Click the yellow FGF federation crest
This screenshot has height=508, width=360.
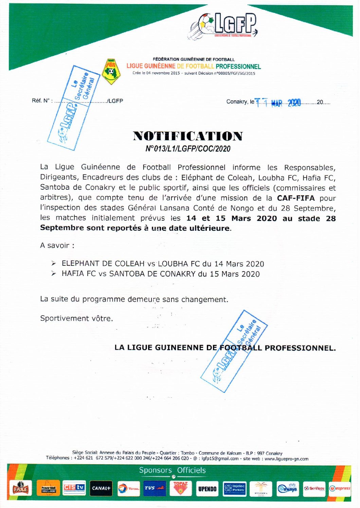(x=111, y=72)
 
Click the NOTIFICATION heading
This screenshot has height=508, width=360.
(x=188, y=136)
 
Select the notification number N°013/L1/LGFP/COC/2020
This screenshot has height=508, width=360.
(x=188, y=149)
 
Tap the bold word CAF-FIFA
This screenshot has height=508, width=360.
(x=296, y=198)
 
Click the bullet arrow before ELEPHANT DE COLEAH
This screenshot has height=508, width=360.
(x=54, y=263)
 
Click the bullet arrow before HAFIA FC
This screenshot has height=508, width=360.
(x=54, y=274)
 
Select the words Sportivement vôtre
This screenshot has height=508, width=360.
(x=76, y=318)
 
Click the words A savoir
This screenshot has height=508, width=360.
(x=57, y=245)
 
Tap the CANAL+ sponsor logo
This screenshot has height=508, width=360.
(x=101, y=488)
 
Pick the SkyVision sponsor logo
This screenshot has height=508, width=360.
(x=314, y=488)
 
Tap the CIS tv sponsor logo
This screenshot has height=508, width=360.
(x=74, y=488)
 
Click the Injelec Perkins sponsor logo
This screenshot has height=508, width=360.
(x=235, y=488)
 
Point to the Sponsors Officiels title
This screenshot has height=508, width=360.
(x=172, y=470)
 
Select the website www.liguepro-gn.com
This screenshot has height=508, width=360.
(x=286, y=459)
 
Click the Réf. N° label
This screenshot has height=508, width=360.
(x=42, y=101)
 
